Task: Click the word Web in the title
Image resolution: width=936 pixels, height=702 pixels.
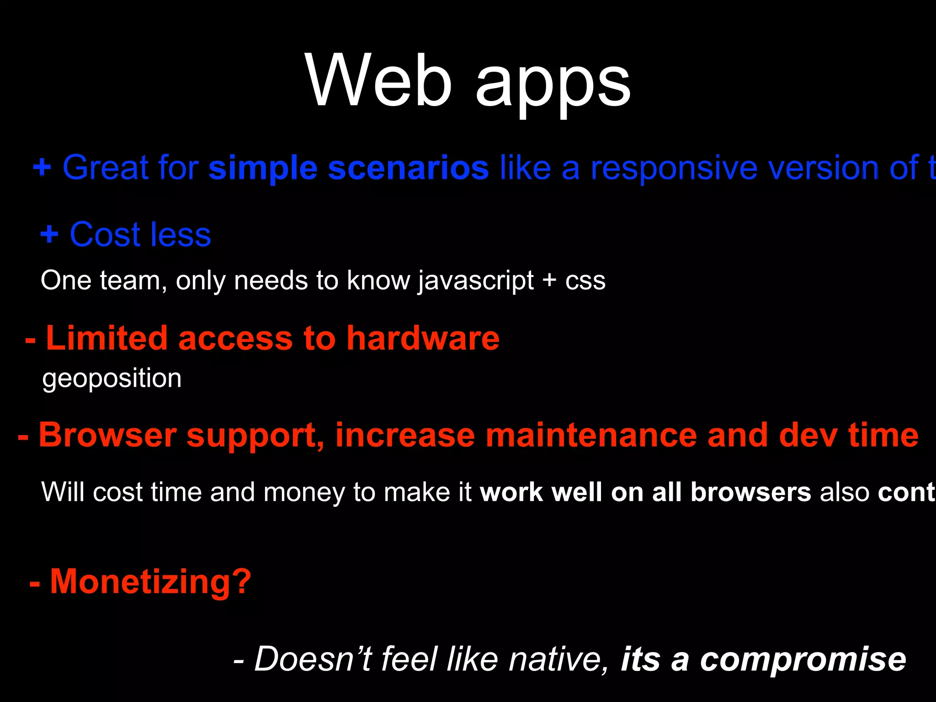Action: tap(379, 81)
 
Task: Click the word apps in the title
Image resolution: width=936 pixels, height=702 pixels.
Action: tap(553, 85)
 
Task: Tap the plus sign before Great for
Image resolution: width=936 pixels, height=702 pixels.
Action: tap(42, 167)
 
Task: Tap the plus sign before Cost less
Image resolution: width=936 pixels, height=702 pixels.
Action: tap(49, 234)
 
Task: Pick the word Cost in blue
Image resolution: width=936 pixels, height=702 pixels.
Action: tap(105, 234)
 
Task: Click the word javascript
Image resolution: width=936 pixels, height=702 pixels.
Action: tap(475, 281)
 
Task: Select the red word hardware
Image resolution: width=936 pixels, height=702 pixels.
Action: tap(423, 338)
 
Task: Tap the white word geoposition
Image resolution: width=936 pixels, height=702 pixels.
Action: tap(112, 379)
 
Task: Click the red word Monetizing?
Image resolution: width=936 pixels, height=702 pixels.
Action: tap(150, 582)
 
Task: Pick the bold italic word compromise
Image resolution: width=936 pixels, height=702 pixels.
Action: tap(803, 660)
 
